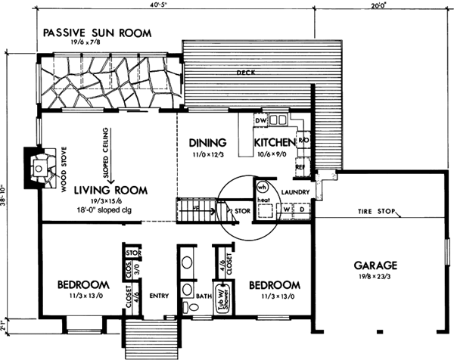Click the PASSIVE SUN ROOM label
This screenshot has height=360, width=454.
coord(97,33)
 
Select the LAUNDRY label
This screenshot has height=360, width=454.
coord(293,193)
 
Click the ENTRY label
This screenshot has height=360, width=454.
coord(159,296)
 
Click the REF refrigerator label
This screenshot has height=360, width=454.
coord(300,166)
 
